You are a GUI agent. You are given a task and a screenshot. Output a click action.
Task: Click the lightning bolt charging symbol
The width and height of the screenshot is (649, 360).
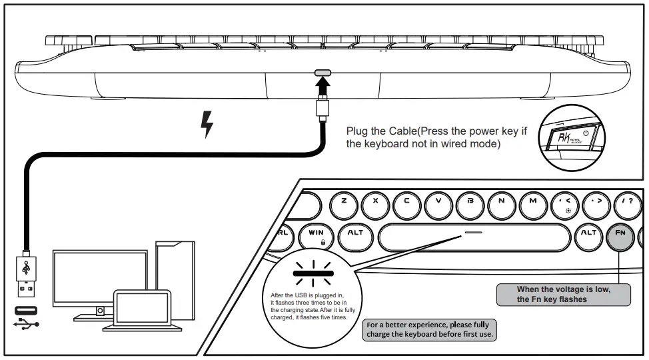coord(207,125)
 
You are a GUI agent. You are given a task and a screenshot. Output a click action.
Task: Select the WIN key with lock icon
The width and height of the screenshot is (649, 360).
coord(315,235)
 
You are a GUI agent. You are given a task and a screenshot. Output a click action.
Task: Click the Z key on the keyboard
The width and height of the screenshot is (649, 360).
coord(343,201)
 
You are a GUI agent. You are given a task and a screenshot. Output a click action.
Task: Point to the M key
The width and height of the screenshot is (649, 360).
coord(532,201)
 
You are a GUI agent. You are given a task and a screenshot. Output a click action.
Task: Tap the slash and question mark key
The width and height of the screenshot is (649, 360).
coord(627,201)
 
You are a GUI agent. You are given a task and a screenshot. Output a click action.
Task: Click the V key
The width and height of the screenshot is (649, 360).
coord(438,201)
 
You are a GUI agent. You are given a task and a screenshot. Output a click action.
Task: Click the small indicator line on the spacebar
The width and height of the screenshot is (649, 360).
coord(474,233)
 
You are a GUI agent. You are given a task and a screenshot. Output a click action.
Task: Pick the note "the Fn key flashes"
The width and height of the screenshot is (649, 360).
coord(552,299)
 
